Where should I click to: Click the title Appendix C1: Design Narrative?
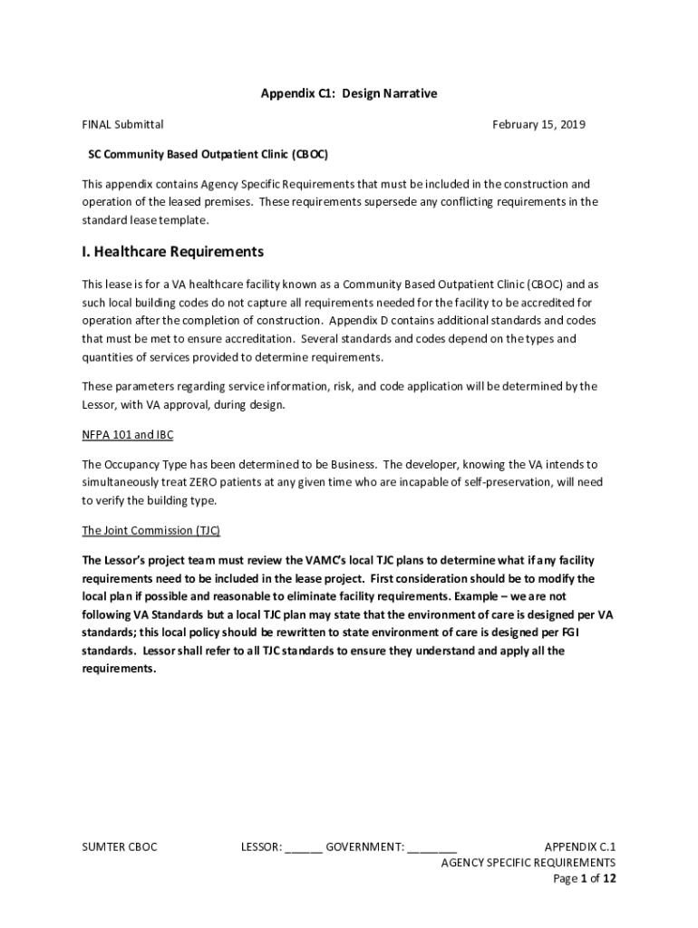349,93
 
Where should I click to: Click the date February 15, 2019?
538,124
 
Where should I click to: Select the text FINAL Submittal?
122,124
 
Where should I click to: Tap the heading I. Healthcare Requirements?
172,251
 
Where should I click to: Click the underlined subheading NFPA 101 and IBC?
127,435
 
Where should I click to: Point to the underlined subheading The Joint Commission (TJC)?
150,530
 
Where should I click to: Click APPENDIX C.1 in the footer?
579,847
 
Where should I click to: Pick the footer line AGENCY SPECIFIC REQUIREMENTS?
528,863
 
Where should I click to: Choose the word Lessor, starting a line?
100,404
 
